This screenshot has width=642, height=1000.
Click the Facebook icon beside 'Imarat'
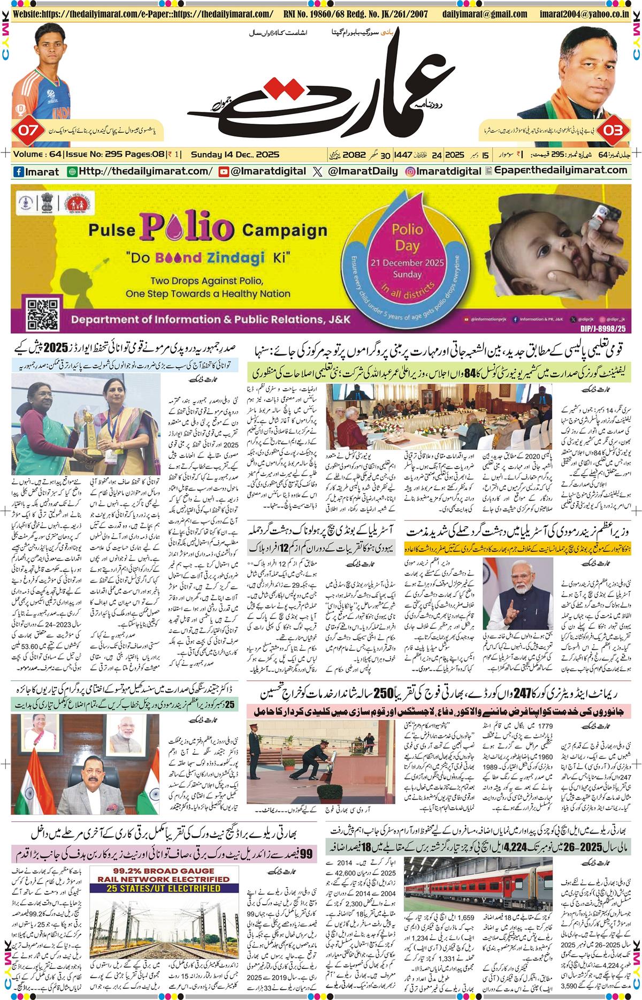tap(18, 171)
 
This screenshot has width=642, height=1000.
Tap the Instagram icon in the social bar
tap(411, 171)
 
